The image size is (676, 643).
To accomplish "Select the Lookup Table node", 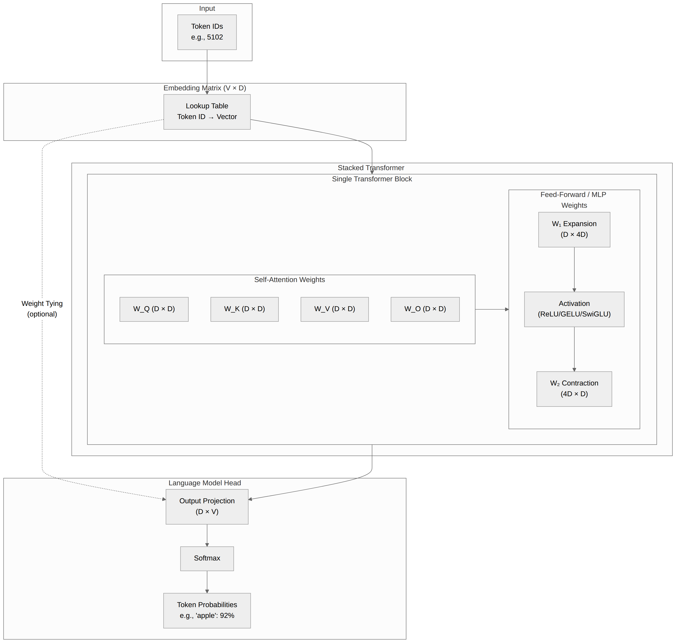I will tap(207, 112).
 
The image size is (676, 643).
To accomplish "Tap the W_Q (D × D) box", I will tap(154, 309).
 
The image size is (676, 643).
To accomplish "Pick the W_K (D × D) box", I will tap(244, 309).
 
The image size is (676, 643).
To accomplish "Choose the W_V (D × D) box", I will tap(334, 309).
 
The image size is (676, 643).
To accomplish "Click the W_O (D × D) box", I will tap(425, 309).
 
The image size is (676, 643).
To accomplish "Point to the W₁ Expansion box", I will tap(574, 229).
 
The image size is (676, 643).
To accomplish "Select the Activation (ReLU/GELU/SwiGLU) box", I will tap(574, 309).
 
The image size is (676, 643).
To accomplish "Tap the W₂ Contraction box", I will tap(574, 389).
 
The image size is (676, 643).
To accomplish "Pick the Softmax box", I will tap(207, 558).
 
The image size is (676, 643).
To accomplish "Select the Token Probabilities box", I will tap(207, 610).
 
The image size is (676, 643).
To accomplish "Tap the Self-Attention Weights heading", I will tap(289, 280).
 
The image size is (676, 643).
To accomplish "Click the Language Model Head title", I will tap(204, 483).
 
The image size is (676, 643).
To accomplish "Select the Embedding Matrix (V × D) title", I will tap(204, 88).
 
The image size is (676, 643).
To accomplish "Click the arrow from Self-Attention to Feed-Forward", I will tap(492, 309).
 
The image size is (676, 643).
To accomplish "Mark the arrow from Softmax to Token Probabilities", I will tap(207, 582).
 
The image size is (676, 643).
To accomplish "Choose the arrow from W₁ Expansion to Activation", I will tap(574, 269).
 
